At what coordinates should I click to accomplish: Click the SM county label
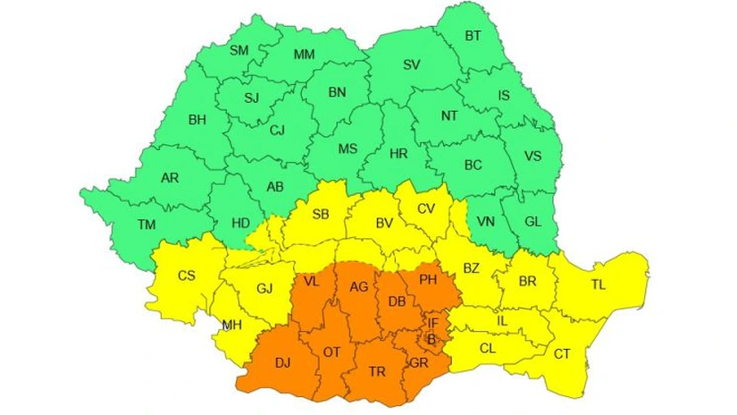point(239,51)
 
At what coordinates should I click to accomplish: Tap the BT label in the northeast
point(473,37)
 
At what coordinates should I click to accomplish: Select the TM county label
point(144,224)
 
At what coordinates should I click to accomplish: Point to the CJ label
point(277,131)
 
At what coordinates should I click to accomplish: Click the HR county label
point(398,154)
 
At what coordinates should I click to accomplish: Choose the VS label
point(532,156)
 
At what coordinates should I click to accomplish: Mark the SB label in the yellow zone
point(321,214)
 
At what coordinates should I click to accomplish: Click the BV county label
point(384,222)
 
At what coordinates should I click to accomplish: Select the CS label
point(186,275)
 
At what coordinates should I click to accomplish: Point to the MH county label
point(231,325)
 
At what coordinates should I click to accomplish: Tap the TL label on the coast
point(599,286)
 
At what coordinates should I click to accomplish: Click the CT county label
point(561,354)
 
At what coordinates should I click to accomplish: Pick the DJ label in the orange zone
point(282,363)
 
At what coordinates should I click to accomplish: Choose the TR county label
point(377,369)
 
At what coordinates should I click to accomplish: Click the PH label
point(428,279)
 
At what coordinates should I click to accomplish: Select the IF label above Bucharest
point(433,323)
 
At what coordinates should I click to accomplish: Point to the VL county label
point(311,281)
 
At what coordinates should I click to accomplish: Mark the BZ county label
point(472,267)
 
